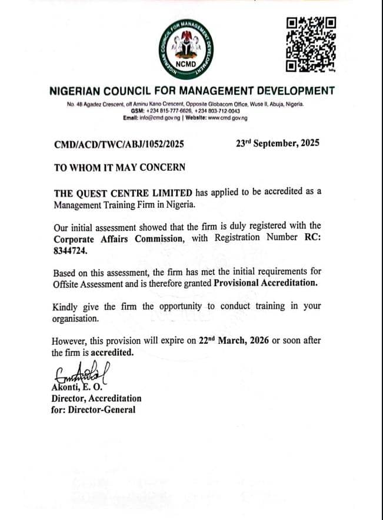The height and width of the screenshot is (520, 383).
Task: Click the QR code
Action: [x=310, y=44]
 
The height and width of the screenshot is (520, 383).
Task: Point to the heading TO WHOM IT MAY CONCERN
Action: [x=119, y=167]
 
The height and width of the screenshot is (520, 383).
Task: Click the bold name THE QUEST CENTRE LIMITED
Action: [x=124, y=193]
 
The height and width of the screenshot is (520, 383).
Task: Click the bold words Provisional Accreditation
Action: [x=265, y=283]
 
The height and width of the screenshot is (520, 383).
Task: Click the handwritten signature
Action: [x=83, y=372]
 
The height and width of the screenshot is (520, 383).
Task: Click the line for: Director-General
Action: [x=93, y=409]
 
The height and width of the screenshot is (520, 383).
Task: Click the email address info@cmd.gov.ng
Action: [x=160, y=118]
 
